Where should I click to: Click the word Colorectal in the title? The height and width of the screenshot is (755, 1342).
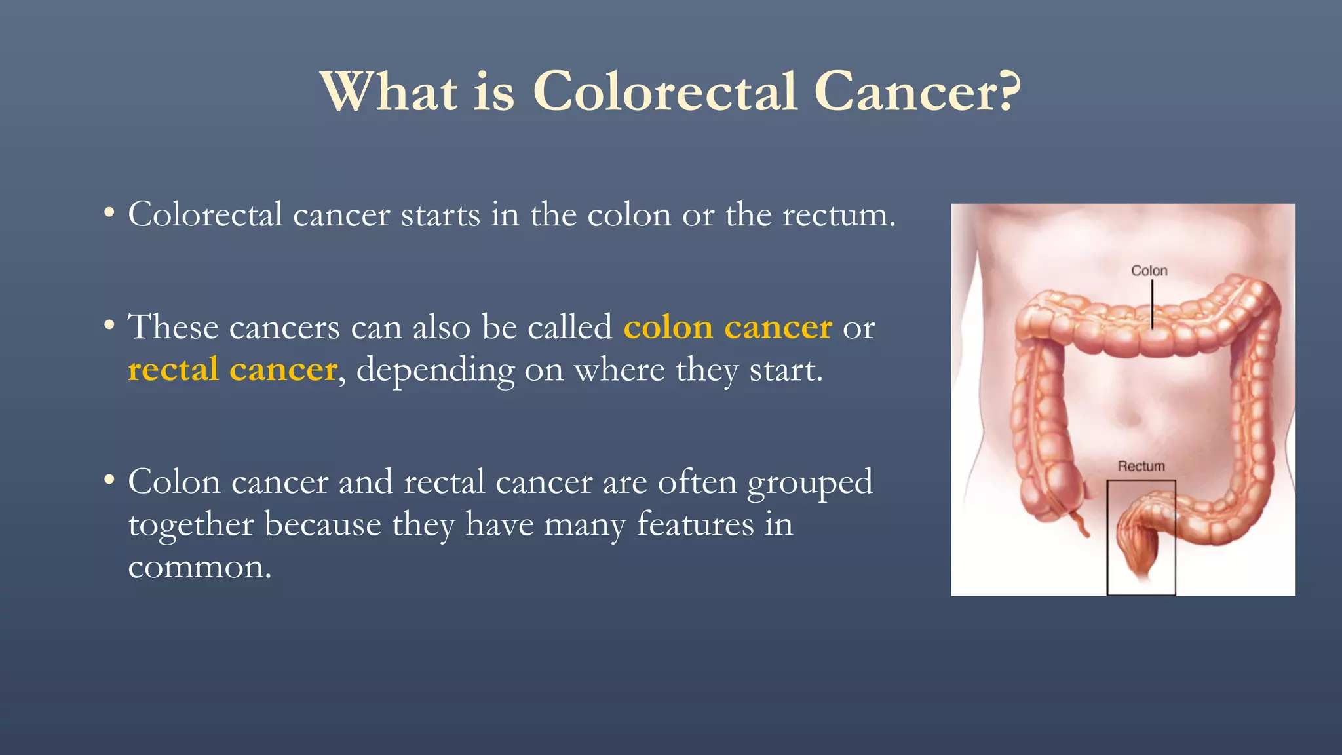[x=665, y=92]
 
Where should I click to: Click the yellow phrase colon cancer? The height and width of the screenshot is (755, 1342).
[x=727, y=327]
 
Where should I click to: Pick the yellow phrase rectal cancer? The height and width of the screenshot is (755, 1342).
[x=233, y=370]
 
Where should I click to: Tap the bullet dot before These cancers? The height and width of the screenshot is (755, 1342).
[x=109, y=325]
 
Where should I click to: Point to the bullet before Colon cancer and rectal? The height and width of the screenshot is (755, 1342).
[x=109, y=480]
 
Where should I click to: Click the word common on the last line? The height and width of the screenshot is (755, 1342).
[x=199, y=568]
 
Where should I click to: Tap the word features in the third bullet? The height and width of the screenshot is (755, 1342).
[x=695, y=525]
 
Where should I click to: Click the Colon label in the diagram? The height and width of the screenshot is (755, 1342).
[x=1149, y=271]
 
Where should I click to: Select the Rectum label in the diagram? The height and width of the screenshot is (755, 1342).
[x=1141, y=466]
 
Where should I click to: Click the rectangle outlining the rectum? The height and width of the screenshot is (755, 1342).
[x=1108, y=537]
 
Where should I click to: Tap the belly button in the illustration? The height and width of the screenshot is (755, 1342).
[x=1132, y=416]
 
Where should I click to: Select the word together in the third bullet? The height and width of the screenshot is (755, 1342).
[x=191, y=525]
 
